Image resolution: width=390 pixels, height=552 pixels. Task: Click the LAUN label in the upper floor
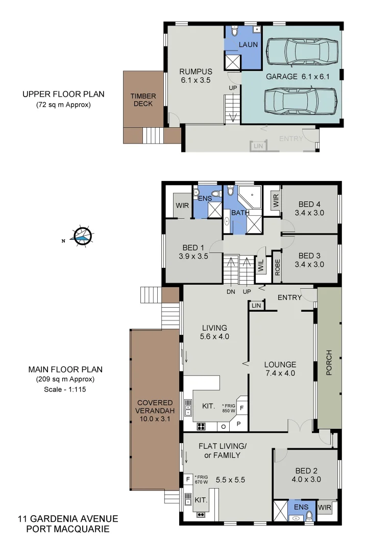click(x=248, y=45)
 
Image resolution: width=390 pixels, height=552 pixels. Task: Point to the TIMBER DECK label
click(x=143, y=100)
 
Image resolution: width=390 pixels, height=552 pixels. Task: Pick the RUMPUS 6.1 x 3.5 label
click(x=195, y=76)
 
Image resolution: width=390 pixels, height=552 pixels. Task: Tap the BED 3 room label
click(x=309, y=260)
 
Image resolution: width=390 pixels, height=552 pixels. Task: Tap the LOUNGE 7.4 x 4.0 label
click(x=280, y=369)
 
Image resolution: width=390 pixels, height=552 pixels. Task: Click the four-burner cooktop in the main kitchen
click(x=201, y=426)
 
